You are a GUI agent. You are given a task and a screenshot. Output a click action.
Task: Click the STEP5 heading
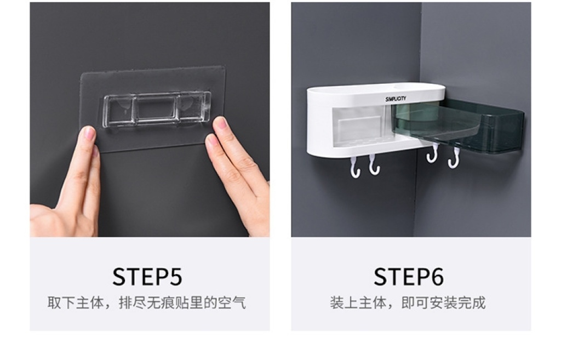click(147, 277)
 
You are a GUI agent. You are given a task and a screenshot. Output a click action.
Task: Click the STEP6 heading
click(409, 277)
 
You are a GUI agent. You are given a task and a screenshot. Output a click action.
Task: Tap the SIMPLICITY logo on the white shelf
click(396, 99)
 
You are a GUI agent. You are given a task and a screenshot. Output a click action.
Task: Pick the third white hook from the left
click(433, 154)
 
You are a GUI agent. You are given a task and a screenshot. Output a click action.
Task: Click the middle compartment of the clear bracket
click(156, 108)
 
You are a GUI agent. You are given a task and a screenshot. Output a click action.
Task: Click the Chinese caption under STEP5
click(147, 303)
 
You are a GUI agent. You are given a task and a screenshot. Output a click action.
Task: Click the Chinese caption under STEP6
click(408, 303)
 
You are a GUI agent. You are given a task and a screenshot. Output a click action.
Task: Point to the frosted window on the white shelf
click(358, 126)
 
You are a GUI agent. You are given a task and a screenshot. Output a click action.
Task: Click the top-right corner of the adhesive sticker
click(225, 66)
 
